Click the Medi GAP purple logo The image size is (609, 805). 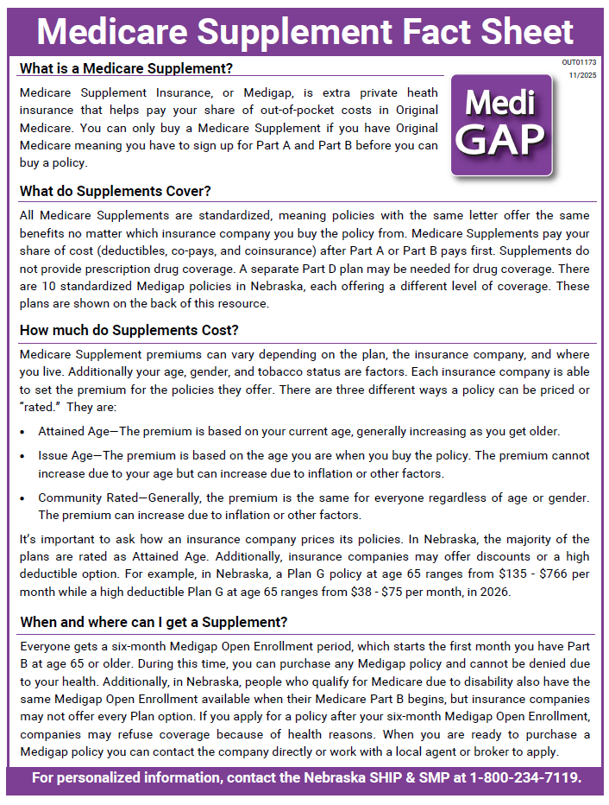501,126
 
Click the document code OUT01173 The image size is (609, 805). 580,63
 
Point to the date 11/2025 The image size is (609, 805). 583,76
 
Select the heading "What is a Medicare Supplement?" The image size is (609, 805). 126,68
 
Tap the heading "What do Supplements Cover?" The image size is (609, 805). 116,191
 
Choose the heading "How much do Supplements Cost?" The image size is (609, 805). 129,331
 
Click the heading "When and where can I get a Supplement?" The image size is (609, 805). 154,623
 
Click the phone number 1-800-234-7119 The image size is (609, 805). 524,778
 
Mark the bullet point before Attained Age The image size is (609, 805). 23,432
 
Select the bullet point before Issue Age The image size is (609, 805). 23,456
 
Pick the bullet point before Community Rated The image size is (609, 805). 23,498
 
